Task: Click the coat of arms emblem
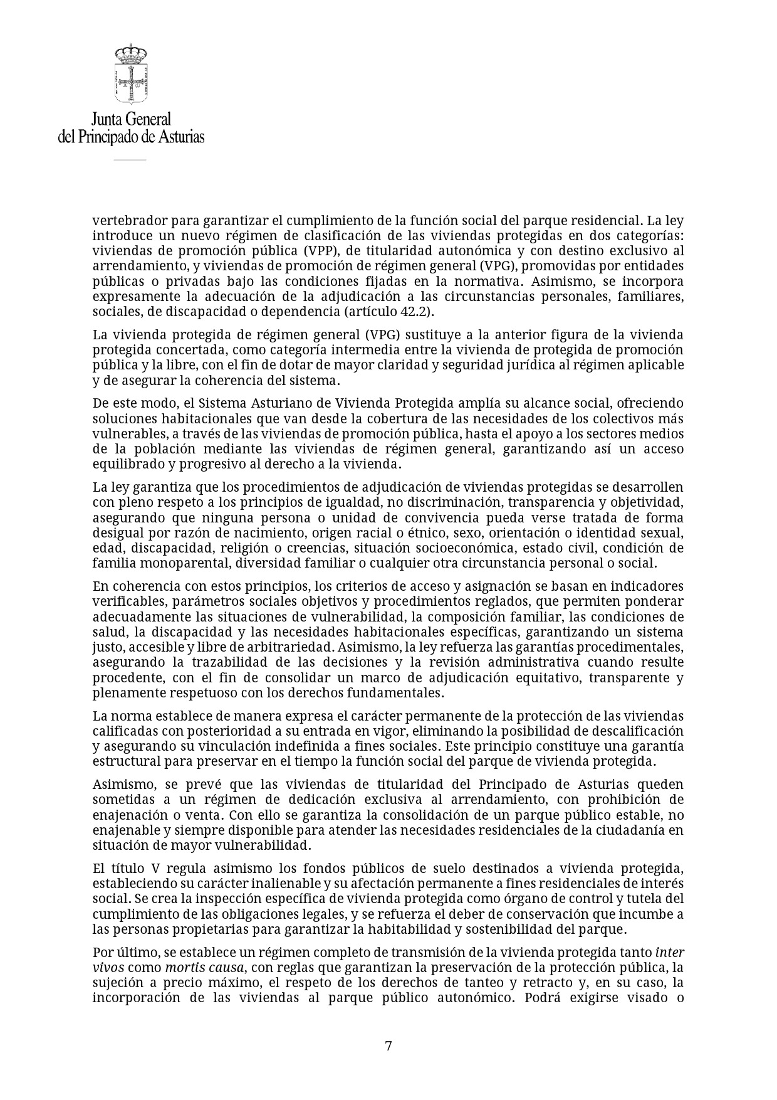click(x=130, y=73)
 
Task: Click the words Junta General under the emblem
click(x=130, y=119)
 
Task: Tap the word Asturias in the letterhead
click(x=180, y=136)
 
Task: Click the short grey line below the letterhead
click(x=130, y=161)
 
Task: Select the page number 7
click(x=388, y=1045)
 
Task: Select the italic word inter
click(x=669, y=952)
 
